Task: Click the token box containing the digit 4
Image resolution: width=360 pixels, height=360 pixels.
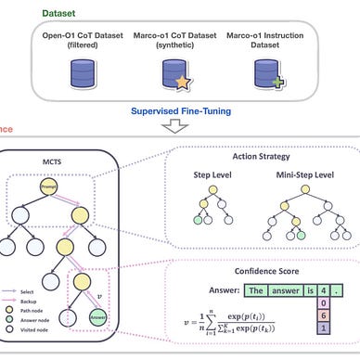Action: pos(322,289)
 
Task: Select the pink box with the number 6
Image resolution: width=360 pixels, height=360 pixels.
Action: pos(322,318)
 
